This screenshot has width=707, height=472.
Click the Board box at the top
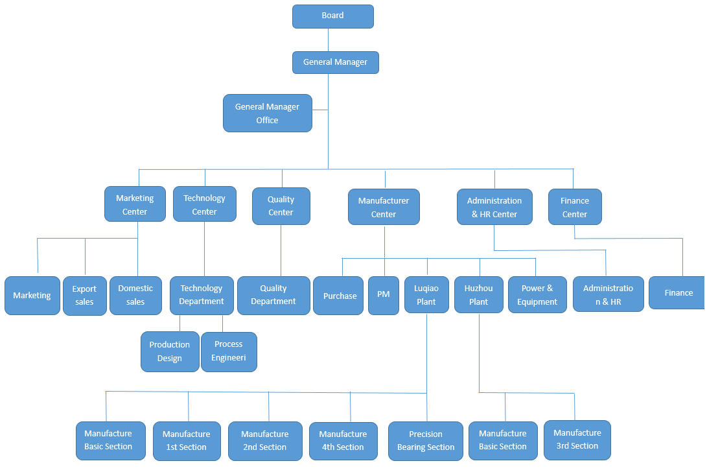(332, 16)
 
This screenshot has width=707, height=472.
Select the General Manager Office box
(268, 113)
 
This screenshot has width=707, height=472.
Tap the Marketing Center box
(135, 205)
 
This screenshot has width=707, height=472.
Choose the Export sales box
(84, 296)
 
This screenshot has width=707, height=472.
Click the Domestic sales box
(135, 295)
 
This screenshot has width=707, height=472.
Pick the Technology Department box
(202, 295)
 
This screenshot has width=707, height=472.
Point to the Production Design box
(170, 351)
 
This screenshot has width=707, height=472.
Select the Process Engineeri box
(229, 351)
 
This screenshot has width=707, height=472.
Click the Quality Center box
(281, 206)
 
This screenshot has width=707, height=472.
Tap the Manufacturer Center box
(384, 207)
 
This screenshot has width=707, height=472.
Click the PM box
(384, 295)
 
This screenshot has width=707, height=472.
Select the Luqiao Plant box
(426, 295)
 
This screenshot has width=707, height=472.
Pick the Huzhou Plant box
(479, 295)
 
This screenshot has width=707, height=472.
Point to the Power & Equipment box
(537, 295)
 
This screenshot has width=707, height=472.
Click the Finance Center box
(575, 207)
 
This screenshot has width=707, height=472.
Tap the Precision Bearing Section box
(426, 441)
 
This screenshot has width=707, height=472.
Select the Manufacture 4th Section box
(343, 441)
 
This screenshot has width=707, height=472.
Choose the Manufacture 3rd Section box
(577, 440)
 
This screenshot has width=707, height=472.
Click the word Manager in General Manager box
(351, 62)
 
